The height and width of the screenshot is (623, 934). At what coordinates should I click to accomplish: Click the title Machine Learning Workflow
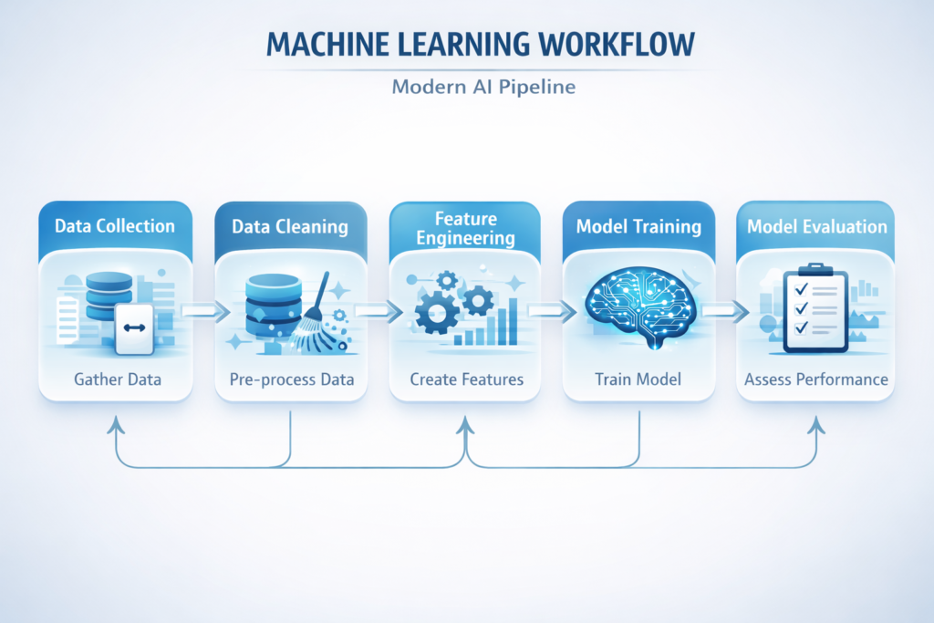466,46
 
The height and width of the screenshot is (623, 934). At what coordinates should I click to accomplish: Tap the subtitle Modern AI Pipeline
467,88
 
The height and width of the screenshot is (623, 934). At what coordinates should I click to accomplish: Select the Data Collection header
115,226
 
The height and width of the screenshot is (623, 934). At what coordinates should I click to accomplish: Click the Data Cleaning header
290,226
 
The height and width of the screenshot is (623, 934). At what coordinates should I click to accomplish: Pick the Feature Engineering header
466,228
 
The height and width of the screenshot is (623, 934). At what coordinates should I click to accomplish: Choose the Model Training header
638,226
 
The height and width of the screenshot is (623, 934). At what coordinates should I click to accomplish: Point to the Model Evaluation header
815,226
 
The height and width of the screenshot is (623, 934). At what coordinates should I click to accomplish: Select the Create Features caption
466,379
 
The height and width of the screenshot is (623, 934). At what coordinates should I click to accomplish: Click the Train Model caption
638,379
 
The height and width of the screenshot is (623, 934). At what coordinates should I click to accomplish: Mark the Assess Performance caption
815,379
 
